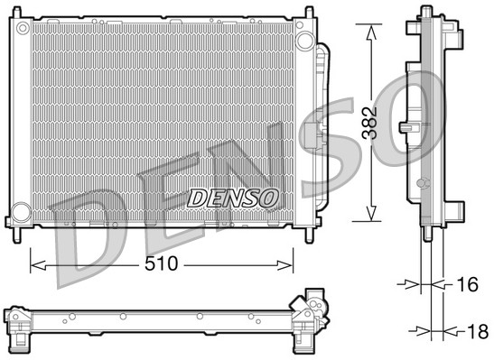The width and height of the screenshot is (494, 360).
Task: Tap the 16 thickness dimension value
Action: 465,285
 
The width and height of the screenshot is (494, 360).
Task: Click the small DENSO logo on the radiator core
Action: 232,198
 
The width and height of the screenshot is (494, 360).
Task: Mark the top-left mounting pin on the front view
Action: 15,10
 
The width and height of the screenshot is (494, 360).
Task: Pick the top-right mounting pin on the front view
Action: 312,10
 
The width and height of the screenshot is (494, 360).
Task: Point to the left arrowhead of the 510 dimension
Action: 34,264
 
